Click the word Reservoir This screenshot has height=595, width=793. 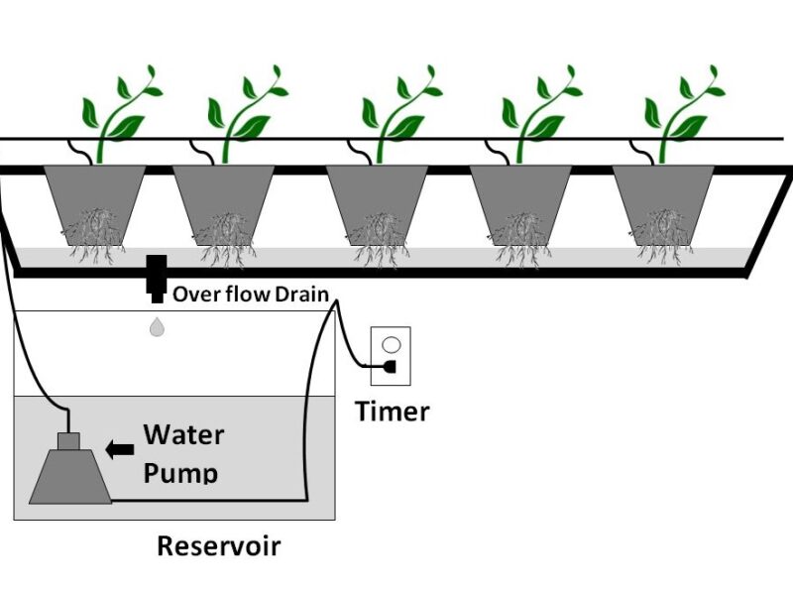click(218, 545)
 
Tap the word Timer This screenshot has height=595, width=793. click(393, 411)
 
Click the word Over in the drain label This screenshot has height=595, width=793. click(192, 294)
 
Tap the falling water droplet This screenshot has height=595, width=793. click(157, 326)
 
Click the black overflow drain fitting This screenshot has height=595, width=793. click(156, 277)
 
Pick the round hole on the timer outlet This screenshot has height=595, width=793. click(392, 345)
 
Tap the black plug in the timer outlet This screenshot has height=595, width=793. click(391, 367)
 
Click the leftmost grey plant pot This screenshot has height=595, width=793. click(95, 193)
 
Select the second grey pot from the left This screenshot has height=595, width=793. click(225, 193)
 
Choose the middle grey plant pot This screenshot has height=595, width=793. click(378, 193)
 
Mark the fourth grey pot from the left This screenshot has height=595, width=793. click(520, 193)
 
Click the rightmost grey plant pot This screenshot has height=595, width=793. click(663, 193)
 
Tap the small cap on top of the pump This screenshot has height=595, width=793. click(68, 440)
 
